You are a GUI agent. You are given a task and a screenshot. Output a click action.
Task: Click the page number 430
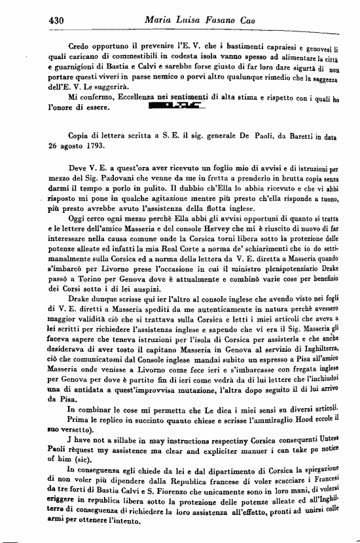coord(58,21)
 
